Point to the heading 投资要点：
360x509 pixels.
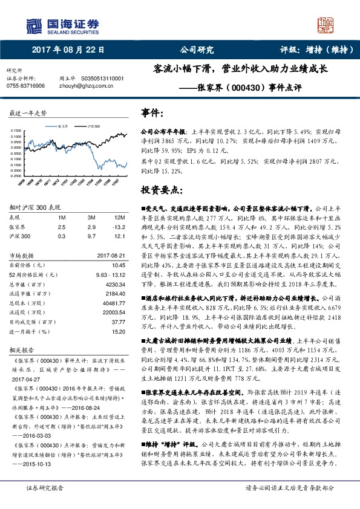click(163, 190)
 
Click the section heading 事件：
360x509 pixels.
click(152, 112)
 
